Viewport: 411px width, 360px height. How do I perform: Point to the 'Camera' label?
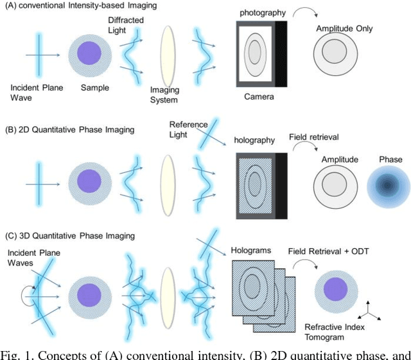click(x=259, y=96)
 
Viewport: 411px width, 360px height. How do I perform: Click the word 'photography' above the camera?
click(x=260, y=13)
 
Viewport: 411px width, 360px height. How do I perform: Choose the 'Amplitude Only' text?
click(x=344, y=29)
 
